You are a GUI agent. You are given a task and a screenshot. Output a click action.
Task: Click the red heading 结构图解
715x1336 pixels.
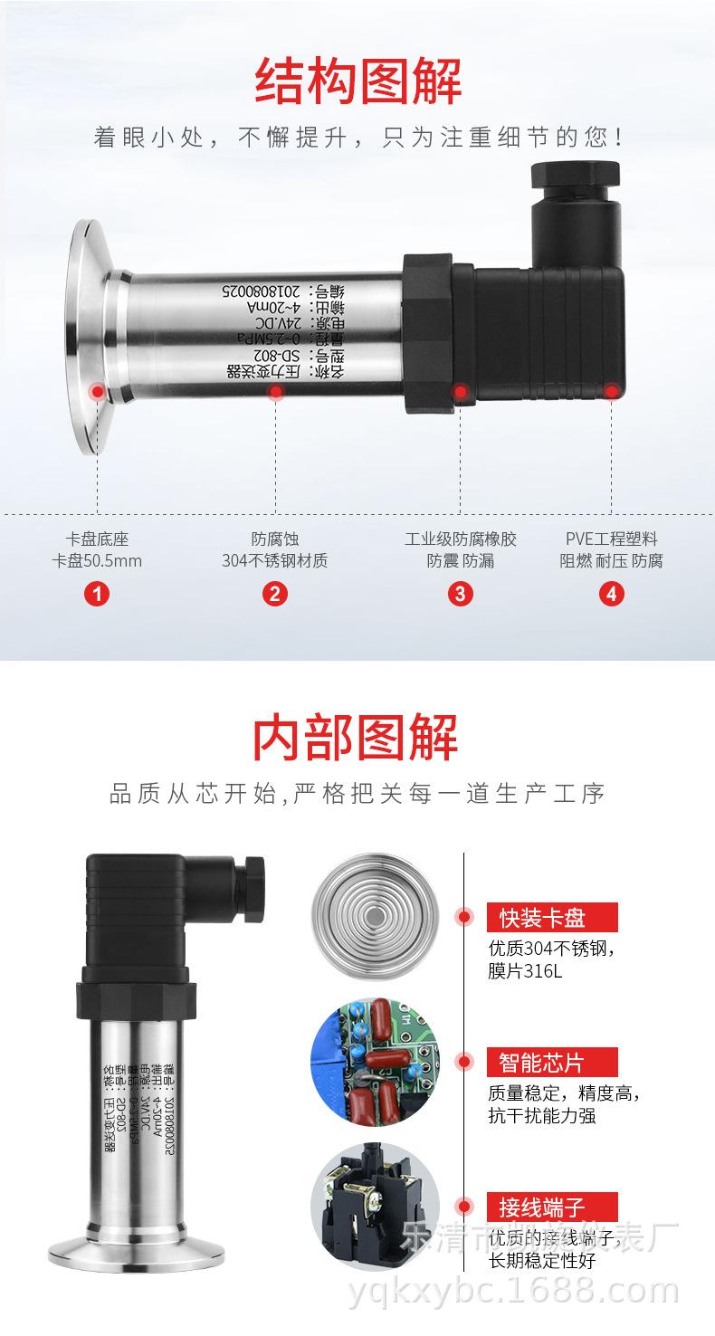[357, 81]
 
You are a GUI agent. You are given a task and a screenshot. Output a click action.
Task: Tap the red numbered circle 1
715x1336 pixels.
[97, 594]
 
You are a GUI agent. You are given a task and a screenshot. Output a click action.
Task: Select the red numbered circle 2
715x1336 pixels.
[275, 594]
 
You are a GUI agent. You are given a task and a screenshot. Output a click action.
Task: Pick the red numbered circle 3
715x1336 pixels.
[460, 594]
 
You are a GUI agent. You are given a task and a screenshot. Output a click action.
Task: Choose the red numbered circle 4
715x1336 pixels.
[611, 594]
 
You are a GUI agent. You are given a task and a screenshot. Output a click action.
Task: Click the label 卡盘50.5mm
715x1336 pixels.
[97, 560]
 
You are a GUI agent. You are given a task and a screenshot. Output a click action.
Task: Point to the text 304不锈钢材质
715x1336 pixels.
[275, 560]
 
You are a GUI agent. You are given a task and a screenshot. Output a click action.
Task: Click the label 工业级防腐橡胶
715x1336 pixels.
[460, 539]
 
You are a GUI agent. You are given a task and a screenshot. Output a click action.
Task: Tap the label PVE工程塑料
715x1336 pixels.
[611, 539]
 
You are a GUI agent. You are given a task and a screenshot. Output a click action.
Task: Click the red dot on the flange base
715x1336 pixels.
[97, 391]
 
